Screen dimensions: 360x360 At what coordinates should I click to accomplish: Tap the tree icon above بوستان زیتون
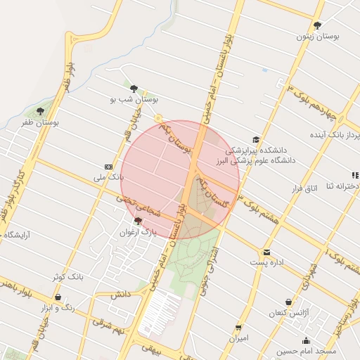coord(318,25)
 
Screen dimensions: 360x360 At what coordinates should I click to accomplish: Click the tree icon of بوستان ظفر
coord(40,111)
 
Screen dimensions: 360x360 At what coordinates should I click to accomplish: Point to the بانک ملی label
coord(109,177)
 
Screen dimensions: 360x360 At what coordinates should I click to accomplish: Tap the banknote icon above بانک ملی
coord(108,166)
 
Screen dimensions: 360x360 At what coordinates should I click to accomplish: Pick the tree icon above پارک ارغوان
coord(137,221)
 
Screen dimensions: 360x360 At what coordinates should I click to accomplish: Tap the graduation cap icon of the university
coord(255,139)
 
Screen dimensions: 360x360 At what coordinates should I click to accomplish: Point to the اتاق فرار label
coord(304,188)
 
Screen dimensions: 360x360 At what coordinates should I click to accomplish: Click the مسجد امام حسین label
coord(307,350)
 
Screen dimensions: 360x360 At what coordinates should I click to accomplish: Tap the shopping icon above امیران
coord(239,328)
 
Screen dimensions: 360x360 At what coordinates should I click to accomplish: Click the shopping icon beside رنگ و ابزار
coord(58,297)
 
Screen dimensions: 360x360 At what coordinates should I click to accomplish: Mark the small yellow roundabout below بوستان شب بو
coord(159,117)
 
